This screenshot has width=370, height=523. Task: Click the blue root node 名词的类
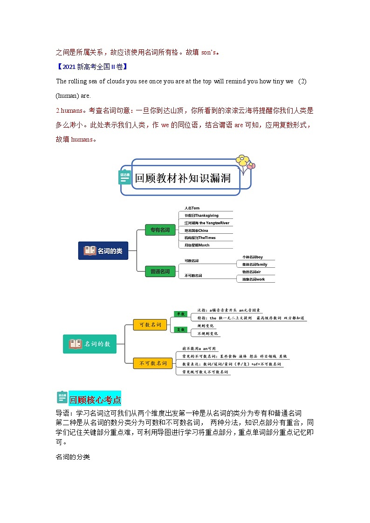pyautogui.click(x=103, y=251)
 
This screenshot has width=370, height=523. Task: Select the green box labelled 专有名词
pyautogui.click(x=160, y=230)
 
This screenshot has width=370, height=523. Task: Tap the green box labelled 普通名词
pyautogui.click(x=160, y=271)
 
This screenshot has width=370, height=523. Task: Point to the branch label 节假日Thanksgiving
pyautogui.click(x=201, y=216)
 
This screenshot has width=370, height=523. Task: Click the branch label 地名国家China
pyautogui.click(x=196, y=231)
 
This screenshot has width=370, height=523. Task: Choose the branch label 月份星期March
pyautogui.click(x=197, y=245)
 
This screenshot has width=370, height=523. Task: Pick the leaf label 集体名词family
pyautogui.click(x=255, y=265)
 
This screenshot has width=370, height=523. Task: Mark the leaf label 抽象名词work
pyautogui.click(x=254, y=279)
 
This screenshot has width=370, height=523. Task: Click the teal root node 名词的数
pyautogui.click(x=90, y=344)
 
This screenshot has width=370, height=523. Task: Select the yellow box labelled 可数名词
pyautogui.click(x=150, y=325)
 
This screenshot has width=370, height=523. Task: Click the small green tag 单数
pyautogui.click(x=180, y=314)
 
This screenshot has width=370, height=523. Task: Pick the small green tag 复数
pyautogui.click(x=180, y=329)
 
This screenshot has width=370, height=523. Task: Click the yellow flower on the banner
pyautogui.click(x=242, y=161)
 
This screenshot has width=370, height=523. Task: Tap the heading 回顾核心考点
pyautogui.click(x=95, y=400)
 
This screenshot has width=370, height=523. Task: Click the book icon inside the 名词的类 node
pyautogui.click(x=90, y=251)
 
